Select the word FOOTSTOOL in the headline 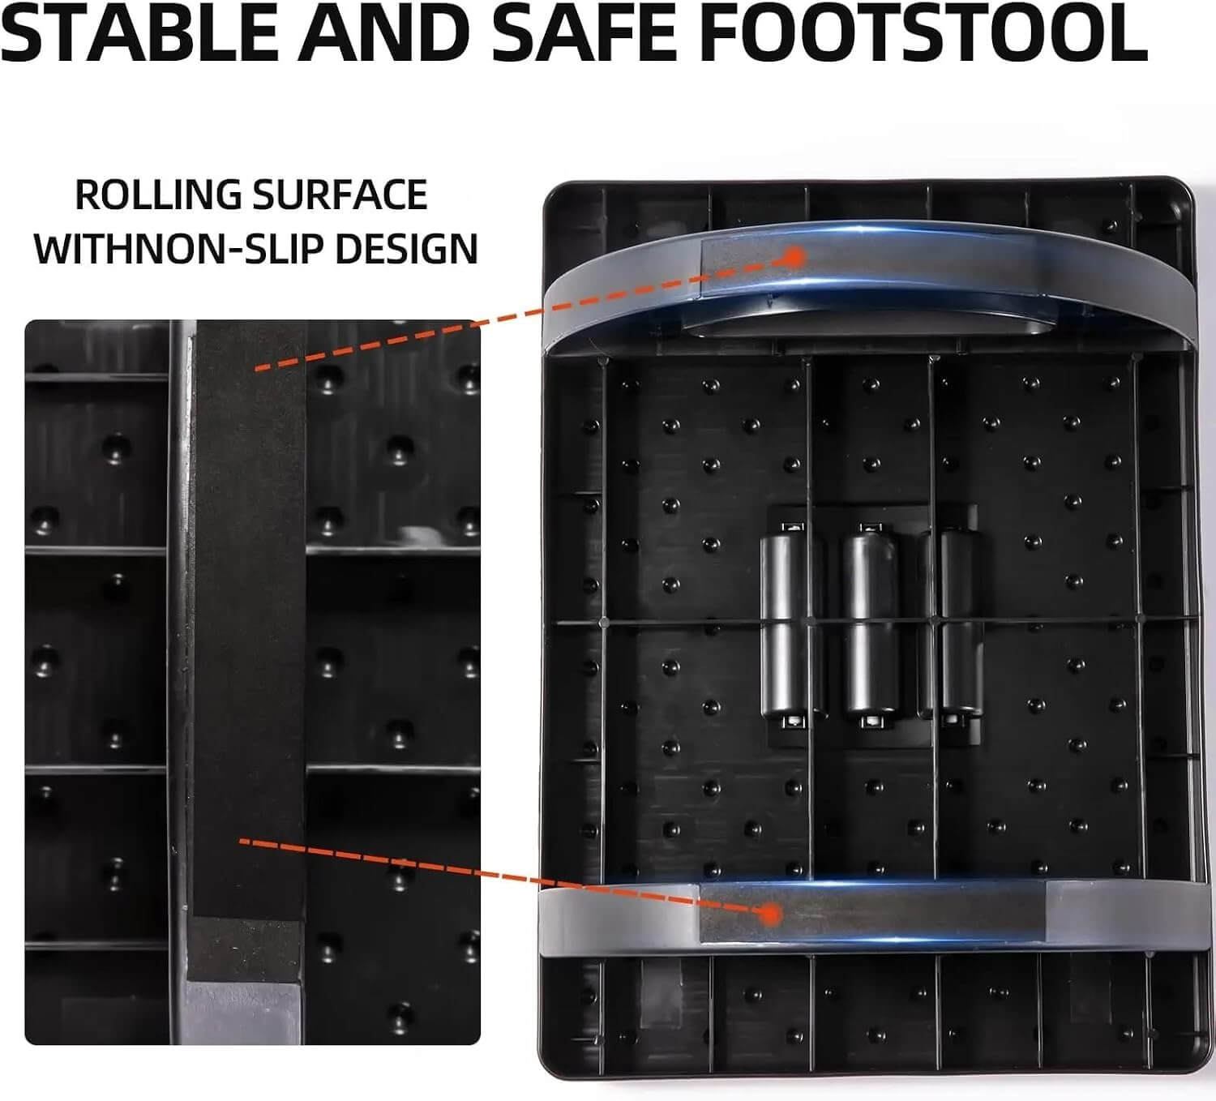point(927,32)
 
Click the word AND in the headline point(383,32)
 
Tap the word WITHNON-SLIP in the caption point(179,249)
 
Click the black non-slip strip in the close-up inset point(249,619)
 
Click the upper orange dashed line point(525,313)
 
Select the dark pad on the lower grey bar point(873,912)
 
